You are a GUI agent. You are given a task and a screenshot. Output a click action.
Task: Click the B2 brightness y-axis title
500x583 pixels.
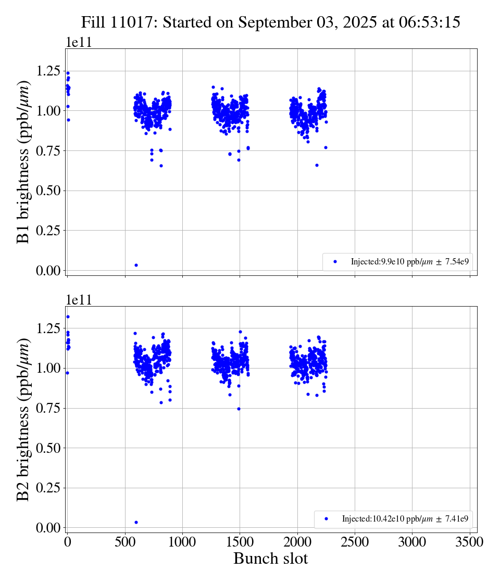tap(23, 420)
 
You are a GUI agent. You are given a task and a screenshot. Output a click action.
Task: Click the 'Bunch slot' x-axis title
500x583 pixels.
tap(270, 559)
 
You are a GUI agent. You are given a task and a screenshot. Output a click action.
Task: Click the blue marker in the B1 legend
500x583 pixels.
tap(335, 261)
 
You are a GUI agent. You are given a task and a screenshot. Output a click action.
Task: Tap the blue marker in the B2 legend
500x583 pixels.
tap(327, 518)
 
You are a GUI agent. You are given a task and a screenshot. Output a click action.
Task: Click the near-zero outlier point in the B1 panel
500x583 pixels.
tap(136, 265)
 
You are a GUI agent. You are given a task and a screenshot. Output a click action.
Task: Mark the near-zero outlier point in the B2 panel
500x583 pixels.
tap(136, 522)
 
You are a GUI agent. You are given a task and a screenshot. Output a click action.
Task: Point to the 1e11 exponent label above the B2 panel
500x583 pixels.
tap(79, 299)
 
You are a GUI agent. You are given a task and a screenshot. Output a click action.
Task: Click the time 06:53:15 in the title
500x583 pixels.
tap(427, 22)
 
